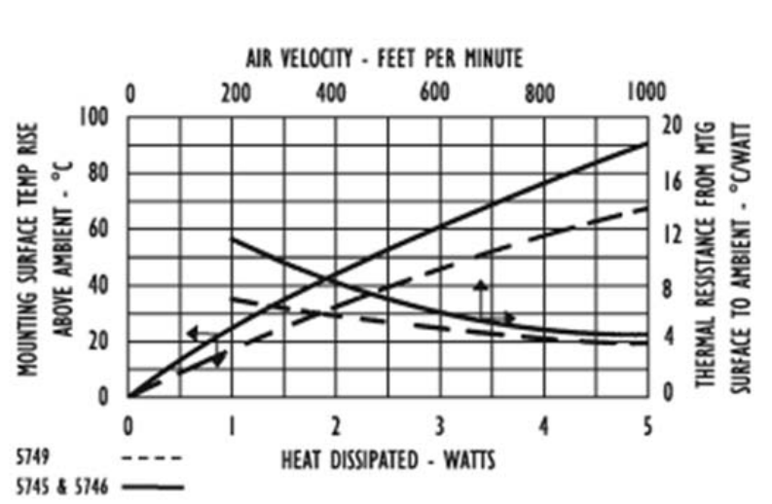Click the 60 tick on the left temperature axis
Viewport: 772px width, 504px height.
tap(101, 230)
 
